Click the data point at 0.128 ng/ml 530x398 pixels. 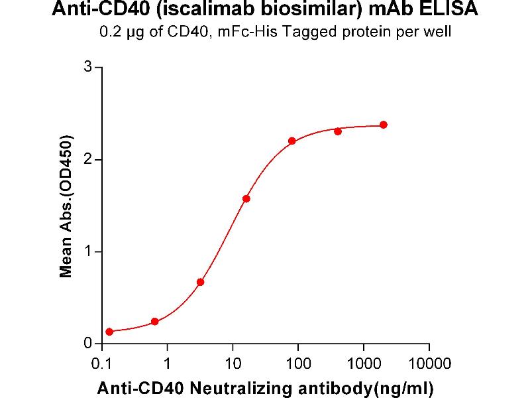coord(109,332)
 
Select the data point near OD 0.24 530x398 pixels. coord(155,322)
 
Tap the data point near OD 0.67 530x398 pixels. coord(201,282)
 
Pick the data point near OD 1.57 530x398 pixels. coord(246,198)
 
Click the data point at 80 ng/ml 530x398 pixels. coord(292,141)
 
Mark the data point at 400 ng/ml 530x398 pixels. coord(338,131)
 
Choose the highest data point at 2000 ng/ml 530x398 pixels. coord(384,125)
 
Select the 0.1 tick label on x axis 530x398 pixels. coord(101,364)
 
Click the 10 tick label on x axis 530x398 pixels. coord(233,364)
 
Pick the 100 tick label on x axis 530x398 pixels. coord(298,364)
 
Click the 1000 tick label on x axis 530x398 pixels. coord(363,364)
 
